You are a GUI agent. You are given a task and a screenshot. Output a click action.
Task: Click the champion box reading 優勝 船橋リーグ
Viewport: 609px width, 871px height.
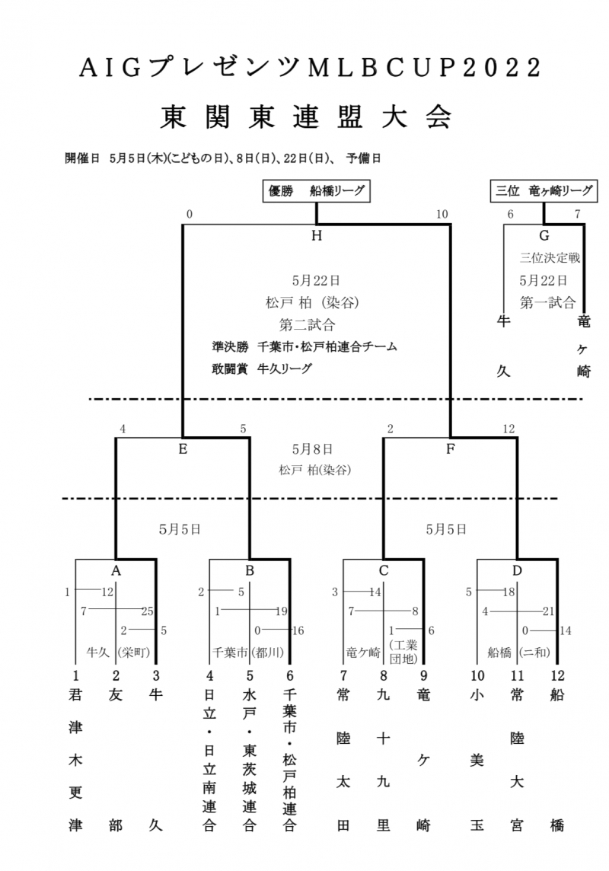pos(315,191)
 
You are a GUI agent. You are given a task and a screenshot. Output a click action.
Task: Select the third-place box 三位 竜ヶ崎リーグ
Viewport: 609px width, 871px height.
pos(542,191)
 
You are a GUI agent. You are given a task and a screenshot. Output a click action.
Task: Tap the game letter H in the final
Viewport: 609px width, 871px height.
pos(316,236)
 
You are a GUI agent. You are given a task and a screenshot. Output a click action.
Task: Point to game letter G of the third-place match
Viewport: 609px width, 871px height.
pos(544,236)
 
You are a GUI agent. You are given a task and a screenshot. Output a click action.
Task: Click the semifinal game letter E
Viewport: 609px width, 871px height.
pos(183,449)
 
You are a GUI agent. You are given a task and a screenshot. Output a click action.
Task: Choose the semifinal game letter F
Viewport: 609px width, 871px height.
pos(451,449)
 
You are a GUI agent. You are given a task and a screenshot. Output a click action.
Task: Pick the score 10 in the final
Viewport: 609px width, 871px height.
pos(442,215)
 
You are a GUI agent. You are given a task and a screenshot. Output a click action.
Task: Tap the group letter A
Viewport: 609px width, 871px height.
pos(116,570)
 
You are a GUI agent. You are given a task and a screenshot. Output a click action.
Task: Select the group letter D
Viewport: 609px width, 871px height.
pos(518,570)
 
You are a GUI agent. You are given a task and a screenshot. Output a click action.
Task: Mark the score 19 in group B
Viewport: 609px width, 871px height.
pos(282,611)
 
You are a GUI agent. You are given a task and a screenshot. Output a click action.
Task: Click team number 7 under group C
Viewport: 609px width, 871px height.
pos(343,675)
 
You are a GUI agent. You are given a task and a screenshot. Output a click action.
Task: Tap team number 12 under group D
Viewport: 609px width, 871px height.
pos(556,675)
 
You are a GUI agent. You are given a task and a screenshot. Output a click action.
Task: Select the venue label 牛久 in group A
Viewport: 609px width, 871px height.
pos(97,652)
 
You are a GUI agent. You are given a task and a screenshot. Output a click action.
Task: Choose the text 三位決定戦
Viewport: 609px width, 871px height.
pos(550,258)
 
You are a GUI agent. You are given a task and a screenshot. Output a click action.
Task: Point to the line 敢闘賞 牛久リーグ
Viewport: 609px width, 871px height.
pos(262,368)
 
